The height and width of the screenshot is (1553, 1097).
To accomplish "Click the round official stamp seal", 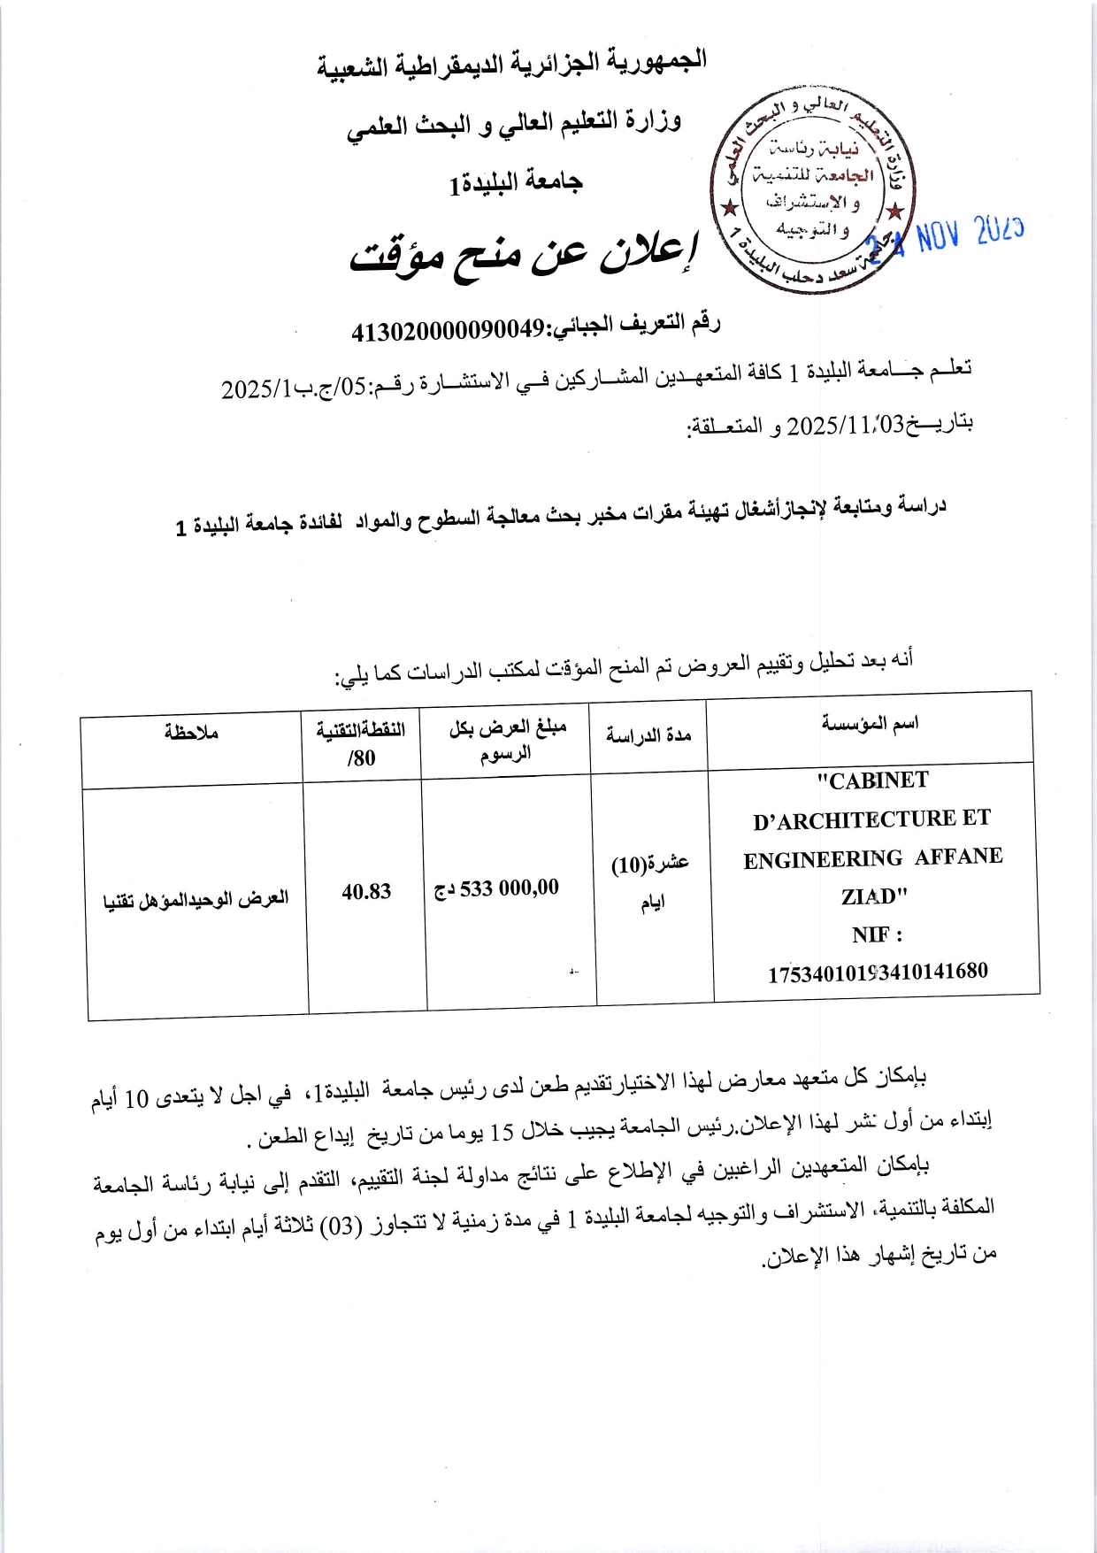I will [811, 191].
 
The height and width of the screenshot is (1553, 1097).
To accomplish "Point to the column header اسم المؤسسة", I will [870, 724].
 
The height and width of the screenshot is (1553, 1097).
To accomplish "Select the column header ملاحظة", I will [191, 732].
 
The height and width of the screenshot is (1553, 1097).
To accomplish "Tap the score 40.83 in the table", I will [366, 892].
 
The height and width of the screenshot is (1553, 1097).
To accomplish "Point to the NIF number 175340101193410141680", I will [878, 972].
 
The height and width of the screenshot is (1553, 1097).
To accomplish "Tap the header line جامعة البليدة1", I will [516, 183].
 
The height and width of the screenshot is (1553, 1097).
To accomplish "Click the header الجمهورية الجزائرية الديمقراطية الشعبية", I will [511, 65].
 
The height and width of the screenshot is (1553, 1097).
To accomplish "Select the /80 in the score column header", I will [361, 758].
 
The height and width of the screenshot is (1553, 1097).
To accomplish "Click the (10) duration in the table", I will [628, 865].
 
